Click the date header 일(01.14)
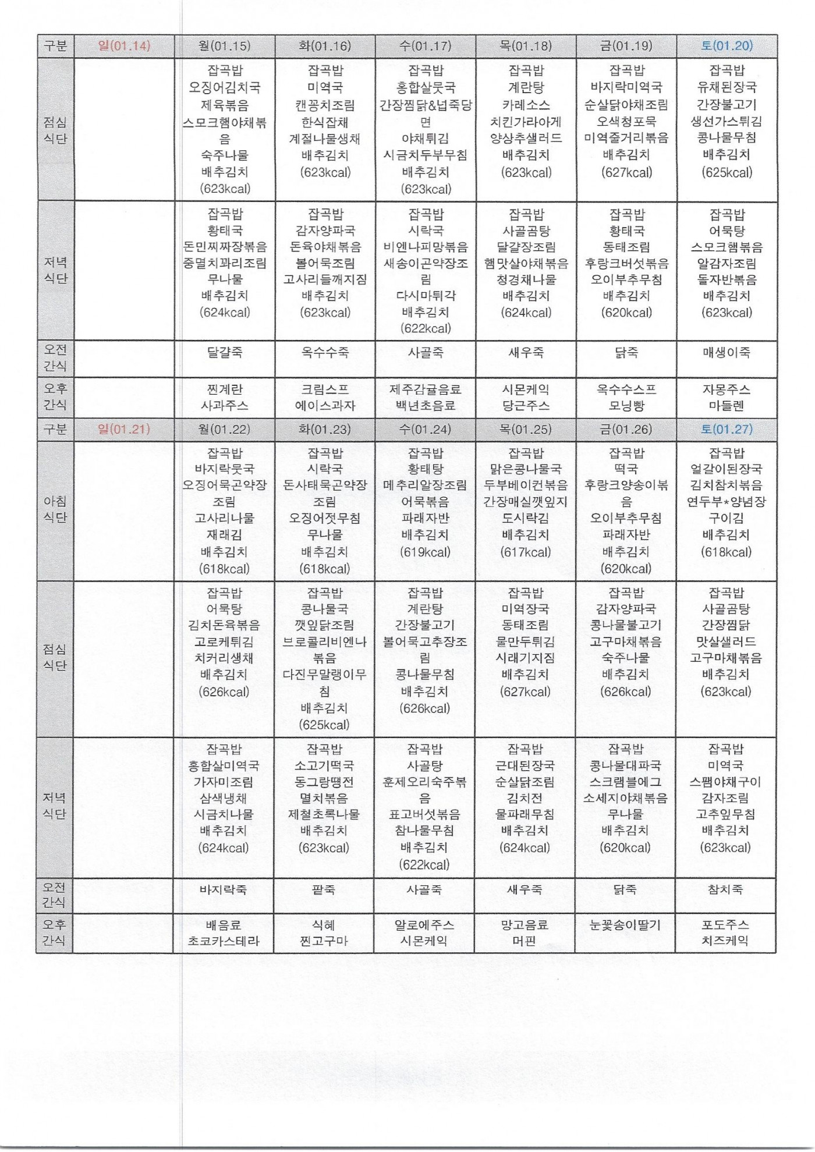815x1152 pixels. pyautogui.click(x=124, y=46)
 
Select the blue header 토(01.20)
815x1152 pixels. pyautogui.click(x=727, y=46)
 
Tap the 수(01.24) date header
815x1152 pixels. pyautogui.click(x=425, y=430)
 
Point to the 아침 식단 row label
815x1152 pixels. pyautogui.click(x=55, y=509)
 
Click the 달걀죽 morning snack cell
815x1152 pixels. pyautogui.click(x=225, y=352)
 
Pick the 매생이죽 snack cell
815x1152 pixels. pyautogui.click(x=727, y=352)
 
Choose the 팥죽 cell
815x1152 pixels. pyautogui.click(x=324, y=889)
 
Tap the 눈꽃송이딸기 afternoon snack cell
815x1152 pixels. pyautogui.click(x=625, y=925)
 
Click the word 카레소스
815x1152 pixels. pyautogui.click(x=526, y=105)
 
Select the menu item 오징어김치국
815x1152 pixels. pyautogui.click(x=225, y=88)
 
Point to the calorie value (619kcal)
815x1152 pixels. pyautogui.click(x=425, y=552)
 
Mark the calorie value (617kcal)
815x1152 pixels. pyautogui.click(x=525, y=552)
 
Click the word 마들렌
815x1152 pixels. pyautogui.click(x=727, y=406)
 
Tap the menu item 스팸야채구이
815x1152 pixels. pyautogui.click(x=725, y=782)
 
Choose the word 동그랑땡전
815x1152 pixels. pyautogui.click(x=324, y=782)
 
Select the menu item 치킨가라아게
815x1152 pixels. pyautogui.click(x=526, y=122)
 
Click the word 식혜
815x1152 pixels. pyautogui.click(x=324, y=925)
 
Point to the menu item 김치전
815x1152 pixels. pyautogui.click(x=525, y=798)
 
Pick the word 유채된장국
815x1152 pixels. pyautogui.click(x=727, y=88)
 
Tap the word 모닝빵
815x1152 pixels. pyautogui.click(x=626, y=406)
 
